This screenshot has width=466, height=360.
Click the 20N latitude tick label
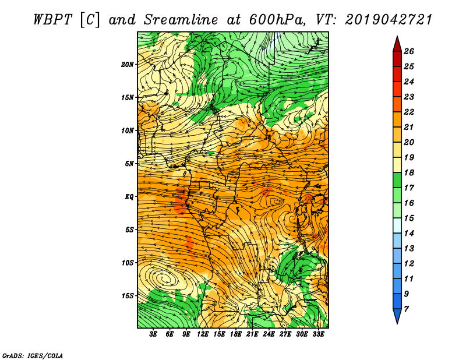pos(127,65)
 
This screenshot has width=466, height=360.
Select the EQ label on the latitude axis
pos(129,197)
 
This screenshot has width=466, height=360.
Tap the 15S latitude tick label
pos(127,296)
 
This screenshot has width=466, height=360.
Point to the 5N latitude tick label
pos(129,164)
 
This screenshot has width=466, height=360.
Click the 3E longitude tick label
pos(153,334)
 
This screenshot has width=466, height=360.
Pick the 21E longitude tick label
pos(252,334)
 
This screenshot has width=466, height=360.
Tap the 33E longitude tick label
pos(318,334)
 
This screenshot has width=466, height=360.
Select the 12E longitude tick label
pos(203,334)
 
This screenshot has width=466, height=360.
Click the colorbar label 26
pos(409,51)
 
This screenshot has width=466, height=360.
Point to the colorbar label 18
pos(409,172)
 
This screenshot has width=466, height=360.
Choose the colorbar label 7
pos(406,309)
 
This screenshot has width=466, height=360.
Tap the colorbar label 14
pos(409,234)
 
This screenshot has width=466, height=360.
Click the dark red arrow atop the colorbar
pos(397,44)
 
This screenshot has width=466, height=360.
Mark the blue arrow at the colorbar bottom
pos(397,316)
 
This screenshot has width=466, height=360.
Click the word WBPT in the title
pos(53,20)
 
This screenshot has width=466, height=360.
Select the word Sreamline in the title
pos(181,20)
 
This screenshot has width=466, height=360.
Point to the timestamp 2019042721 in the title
pos(388,20)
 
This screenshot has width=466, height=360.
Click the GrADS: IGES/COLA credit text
pos(33,356)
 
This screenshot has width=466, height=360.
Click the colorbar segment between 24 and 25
pos(397,74)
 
